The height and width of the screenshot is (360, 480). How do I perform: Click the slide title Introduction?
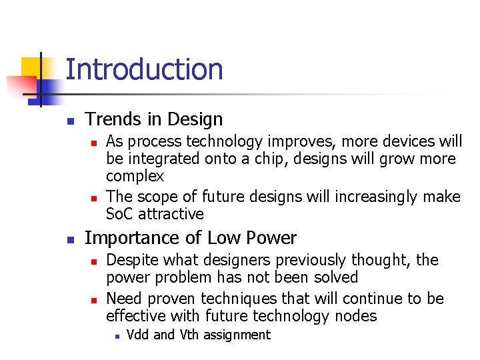pyautogui.click(x=144, y=69)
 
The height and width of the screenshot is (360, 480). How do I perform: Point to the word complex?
pyautogui.click(x=135, y=176)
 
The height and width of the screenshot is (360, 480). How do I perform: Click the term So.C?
pyautogui.click(x=120, y=214)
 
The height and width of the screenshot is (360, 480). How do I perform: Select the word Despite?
pyautogui.click(x=129, y=260)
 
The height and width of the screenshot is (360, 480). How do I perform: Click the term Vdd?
pyautogui.click(x=138, y=335)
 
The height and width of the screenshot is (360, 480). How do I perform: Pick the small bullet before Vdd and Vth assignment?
pyautogui.click(x=117, y=336)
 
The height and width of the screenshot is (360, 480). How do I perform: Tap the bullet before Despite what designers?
pyautogui.click(x=94, y=261)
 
